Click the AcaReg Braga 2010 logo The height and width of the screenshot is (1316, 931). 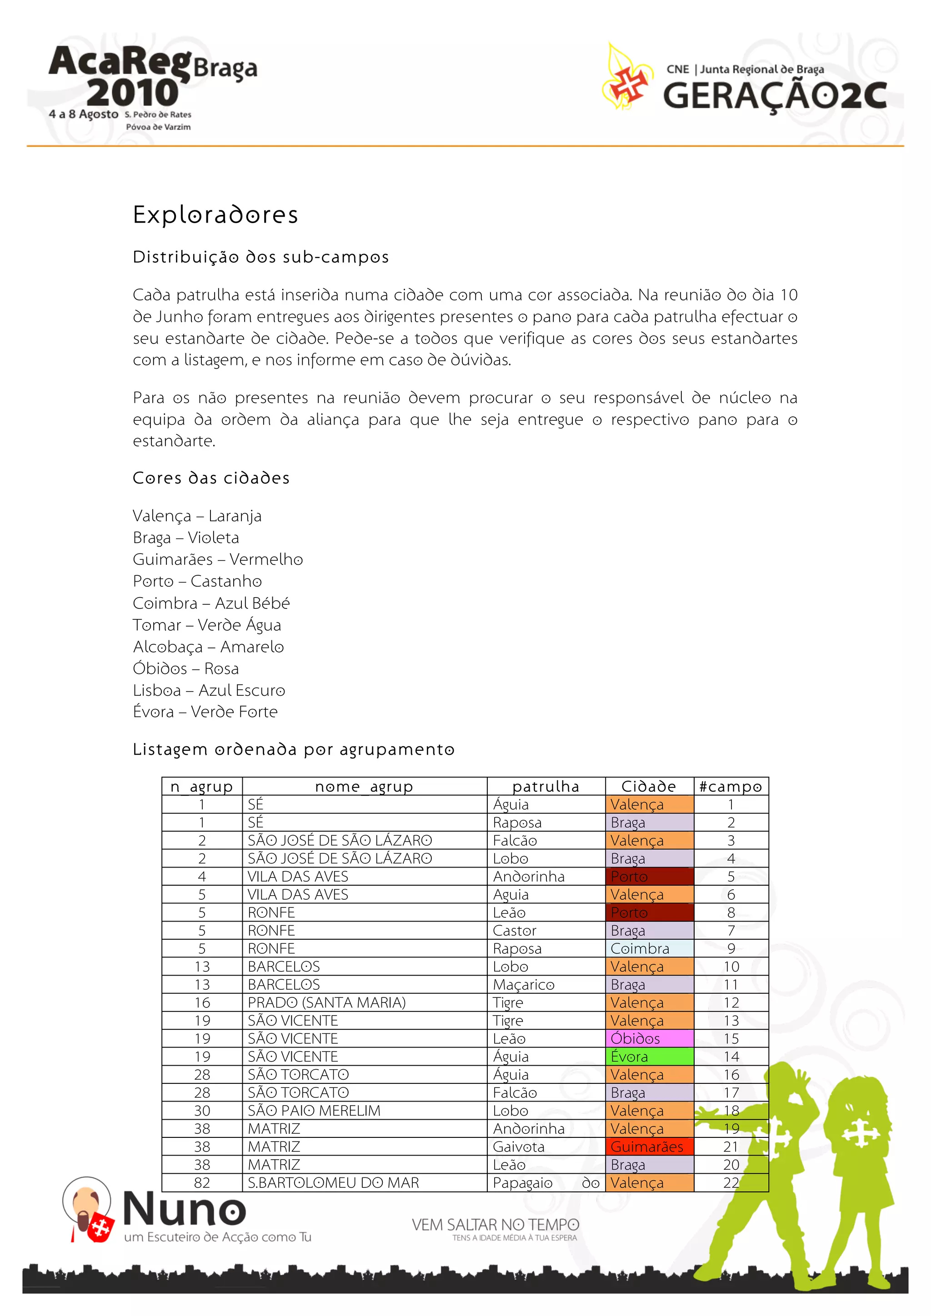151,86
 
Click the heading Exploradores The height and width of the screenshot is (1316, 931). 215,215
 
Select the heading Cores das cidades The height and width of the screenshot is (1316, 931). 211,478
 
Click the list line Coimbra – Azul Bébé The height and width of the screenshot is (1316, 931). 211,603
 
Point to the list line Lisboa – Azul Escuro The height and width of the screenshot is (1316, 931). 209,690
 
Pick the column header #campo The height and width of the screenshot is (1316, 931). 731,787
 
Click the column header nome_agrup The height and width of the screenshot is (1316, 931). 364,787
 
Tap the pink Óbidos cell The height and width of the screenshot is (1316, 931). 649,1039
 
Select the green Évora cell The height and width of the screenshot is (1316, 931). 649,1057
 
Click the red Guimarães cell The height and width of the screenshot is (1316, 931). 649,1147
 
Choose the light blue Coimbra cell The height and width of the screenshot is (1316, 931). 649,948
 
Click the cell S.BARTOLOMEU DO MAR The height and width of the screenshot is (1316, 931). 333,1182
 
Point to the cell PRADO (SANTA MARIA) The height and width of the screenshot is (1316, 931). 326,1002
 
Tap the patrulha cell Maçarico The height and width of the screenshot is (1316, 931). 523,985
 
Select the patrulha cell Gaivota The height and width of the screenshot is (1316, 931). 518,1147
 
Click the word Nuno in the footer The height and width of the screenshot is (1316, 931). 185,1208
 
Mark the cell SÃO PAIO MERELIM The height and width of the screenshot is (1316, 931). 314,1110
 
